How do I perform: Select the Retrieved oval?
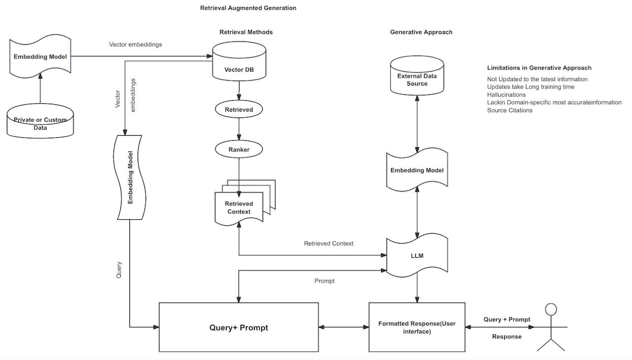tap(239, 110)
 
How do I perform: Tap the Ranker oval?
tap(239, 149)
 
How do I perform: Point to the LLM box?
tap(417, 256)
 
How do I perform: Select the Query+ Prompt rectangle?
tap(238, 327)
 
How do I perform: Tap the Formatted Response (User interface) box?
tap(417, 327)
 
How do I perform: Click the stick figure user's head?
tap(551, 310)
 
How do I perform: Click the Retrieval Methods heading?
tap(246, 32)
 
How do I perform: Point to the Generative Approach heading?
tap(421, 32)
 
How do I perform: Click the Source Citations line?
tap(510, 110)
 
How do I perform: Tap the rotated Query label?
tap(119, 269)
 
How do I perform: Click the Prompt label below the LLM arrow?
tap(324, 281)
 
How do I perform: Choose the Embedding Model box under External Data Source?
tap(417, 170)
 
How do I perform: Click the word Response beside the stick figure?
tap(507, 337)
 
